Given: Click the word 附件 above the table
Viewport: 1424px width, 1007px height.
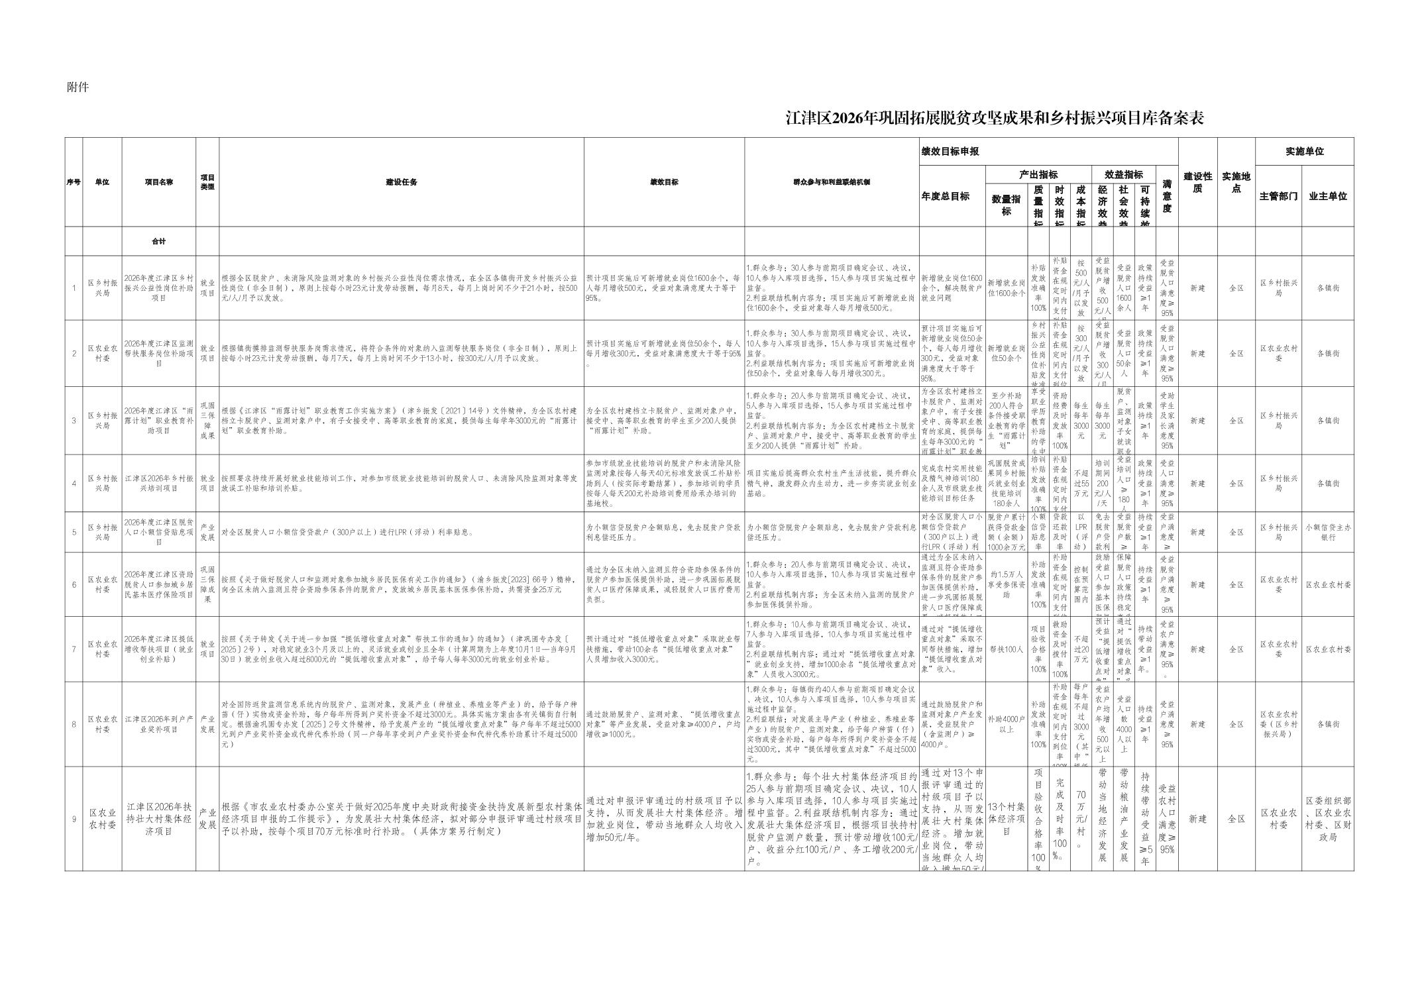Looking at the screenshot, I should tap(78, 87).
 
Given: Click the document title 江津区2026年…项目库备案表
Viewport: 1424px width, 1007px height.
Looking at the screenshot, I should tap(994, 119).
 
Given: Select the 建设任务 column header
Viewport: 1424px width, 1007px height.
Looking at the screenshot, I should tap(401, 182).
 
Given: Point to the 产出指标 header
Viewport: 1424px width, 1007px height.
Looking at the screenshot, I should tap(1038, 175).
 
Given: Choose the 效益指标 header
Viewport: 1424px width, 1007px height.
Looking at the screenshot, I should tap(1123, 175).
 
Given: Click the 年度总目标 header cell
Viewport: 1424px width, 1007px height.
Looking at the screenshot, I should tap(945, 196).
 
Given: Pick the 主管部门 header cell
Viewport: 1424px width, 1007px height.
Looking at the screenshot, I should tap(1278, 196).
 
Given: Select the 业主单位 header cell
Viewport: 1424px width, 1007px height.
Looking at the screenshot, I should tap(1327, 196).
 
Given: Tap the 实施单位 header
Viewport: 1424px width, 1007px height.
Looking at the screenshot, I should tap(1304, 152).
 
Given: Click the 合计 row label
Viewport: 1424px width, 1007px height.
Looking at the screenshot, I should tap(158, 241).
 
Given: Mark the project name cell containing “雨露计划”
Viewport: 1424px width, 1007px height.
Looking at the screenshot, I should tap(158, 421).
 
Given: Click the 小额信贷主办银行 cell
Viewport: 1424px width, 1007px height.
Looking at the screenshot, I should tap(1327, 532).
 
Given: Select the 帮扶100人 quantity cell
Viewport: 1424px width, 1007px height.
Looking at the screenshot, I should tap(1006, 649).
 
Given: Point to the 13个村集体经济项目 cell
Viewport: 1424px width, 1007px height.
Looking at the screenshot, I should tap(1006, 819).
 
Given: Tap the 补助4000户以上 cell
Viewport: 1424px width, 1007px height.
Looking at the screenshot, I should tap(1006, 724).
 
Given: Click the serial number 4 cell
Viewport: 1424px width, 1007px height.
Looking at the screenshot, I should tap(74, 484).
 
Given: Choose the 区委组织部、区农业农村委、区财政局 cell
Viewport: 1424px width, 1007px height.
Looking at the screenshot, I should tap(1327, 819).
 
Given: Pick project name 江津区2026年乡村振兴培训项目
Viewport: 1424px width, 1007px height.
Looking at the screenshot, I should tap(158, 484).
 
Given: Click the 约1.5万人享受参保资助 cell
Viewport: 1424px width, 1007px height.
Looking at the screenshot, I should tap(1006, 585).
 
